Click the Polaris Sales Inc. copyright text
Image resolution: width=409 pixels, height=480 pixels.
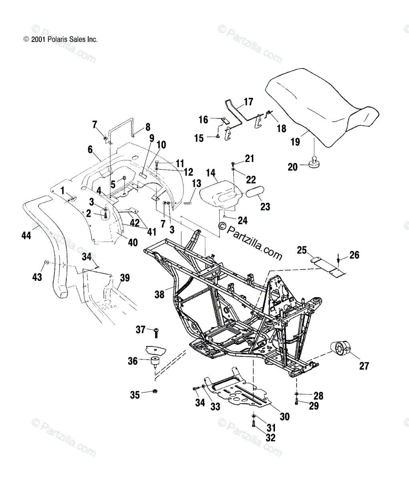point(61,40)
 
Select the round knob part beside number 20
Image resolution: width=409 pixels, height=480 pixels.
point(314,162)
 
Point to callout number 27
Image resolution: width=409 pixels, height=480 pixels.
point(364,366)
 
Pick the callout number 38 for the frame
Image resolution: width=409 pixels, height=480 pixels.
point(159,294)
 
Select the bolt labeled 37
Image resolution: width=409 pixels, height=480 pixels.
point(156,333)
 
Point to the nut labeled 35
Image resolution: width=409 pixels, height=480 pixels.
point(155,391)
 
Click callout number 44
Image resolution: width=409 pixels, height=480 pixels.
point(26,236)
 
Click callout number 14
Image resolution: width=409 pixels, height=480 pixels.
point(211,173)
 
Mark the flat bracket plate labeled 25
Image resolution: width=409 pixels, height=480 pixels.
point(328,267)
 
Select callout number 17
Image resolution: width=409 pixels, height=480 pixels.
point(248,102)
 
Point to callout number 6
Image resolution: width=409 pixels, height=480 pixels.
point(90,149)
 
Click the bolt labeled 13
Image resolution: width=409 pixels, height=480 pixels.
point(188,203)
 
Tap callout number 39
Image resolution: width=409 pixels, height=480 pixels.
point(125,278)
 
